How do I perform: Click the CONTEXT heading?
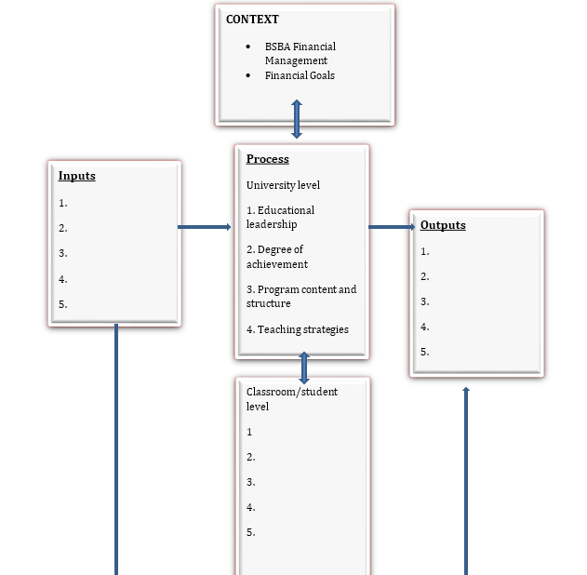coord(252,19)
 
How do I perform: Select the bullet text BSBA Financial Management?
coord(299,53)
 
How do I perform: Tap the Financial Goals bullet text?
coord(299,75)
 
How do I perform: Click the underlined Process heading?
coord(267,159)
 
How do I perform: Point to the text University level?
coord(283,185)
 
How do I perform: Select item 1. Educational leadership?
coord(280,217)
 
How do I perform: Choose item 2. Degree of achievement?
coord(276,257)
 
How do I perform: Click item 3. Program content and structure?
coord(300,296)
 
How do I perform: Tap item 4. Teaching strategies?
coord(297,329)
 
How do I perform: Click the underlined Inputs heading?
coord(76,176)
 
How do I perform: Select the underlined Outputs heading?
coord(443,225)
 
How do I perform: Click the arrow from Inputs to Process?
coord(205,226)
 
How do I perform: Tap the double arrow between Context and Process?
coord(297,119)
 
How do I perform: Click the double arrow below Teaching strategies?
coord(303,368)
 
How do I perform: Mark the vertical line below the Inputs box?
coord(116,447)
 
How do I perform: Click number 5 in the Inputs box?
coord(63,304)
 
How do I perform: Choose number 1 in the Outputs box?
coord(425,251)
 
